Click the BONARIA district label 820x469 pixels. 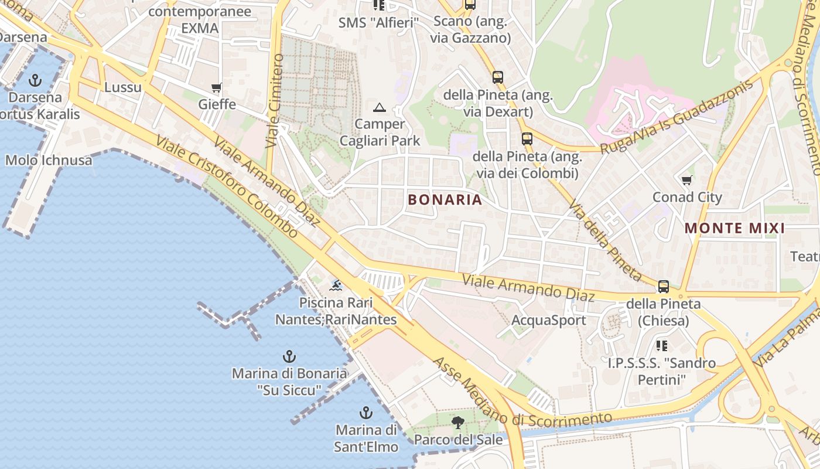[445, 200]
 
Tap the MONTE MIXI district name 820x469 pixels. [734, 229]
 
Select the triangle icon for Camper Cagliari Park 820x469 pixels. [380, 107]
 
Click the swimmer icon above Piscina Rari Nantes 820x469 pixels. [336, 286]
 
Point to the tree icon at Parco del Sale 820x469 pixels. [458, 422]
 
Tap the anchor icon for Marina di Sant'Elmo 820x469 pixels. [366, 413]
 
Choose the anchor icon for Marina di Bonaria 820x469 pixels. [289, 356]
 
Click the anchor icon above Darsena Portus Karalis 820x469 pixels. [36, 80]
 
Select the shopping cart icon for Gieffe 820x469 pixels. [217, 88]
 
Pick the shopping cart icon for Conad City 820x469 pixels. [687, 180]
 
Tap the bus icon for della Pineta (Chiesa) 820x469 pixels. [663, 287]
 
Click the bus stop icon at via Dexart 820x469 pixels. [497, 77]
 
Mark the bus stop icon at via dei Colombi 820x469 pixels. [527, 139]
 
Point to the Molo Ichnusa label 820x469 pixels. [49, 160]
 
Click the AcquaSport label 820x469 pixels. [548, 321]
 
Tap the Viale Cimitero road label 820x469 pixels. [274, 101]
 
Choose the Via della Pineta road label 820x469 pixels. [605, 242]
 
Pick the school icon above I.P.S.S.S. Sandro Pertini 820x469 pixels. [662, 346]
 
